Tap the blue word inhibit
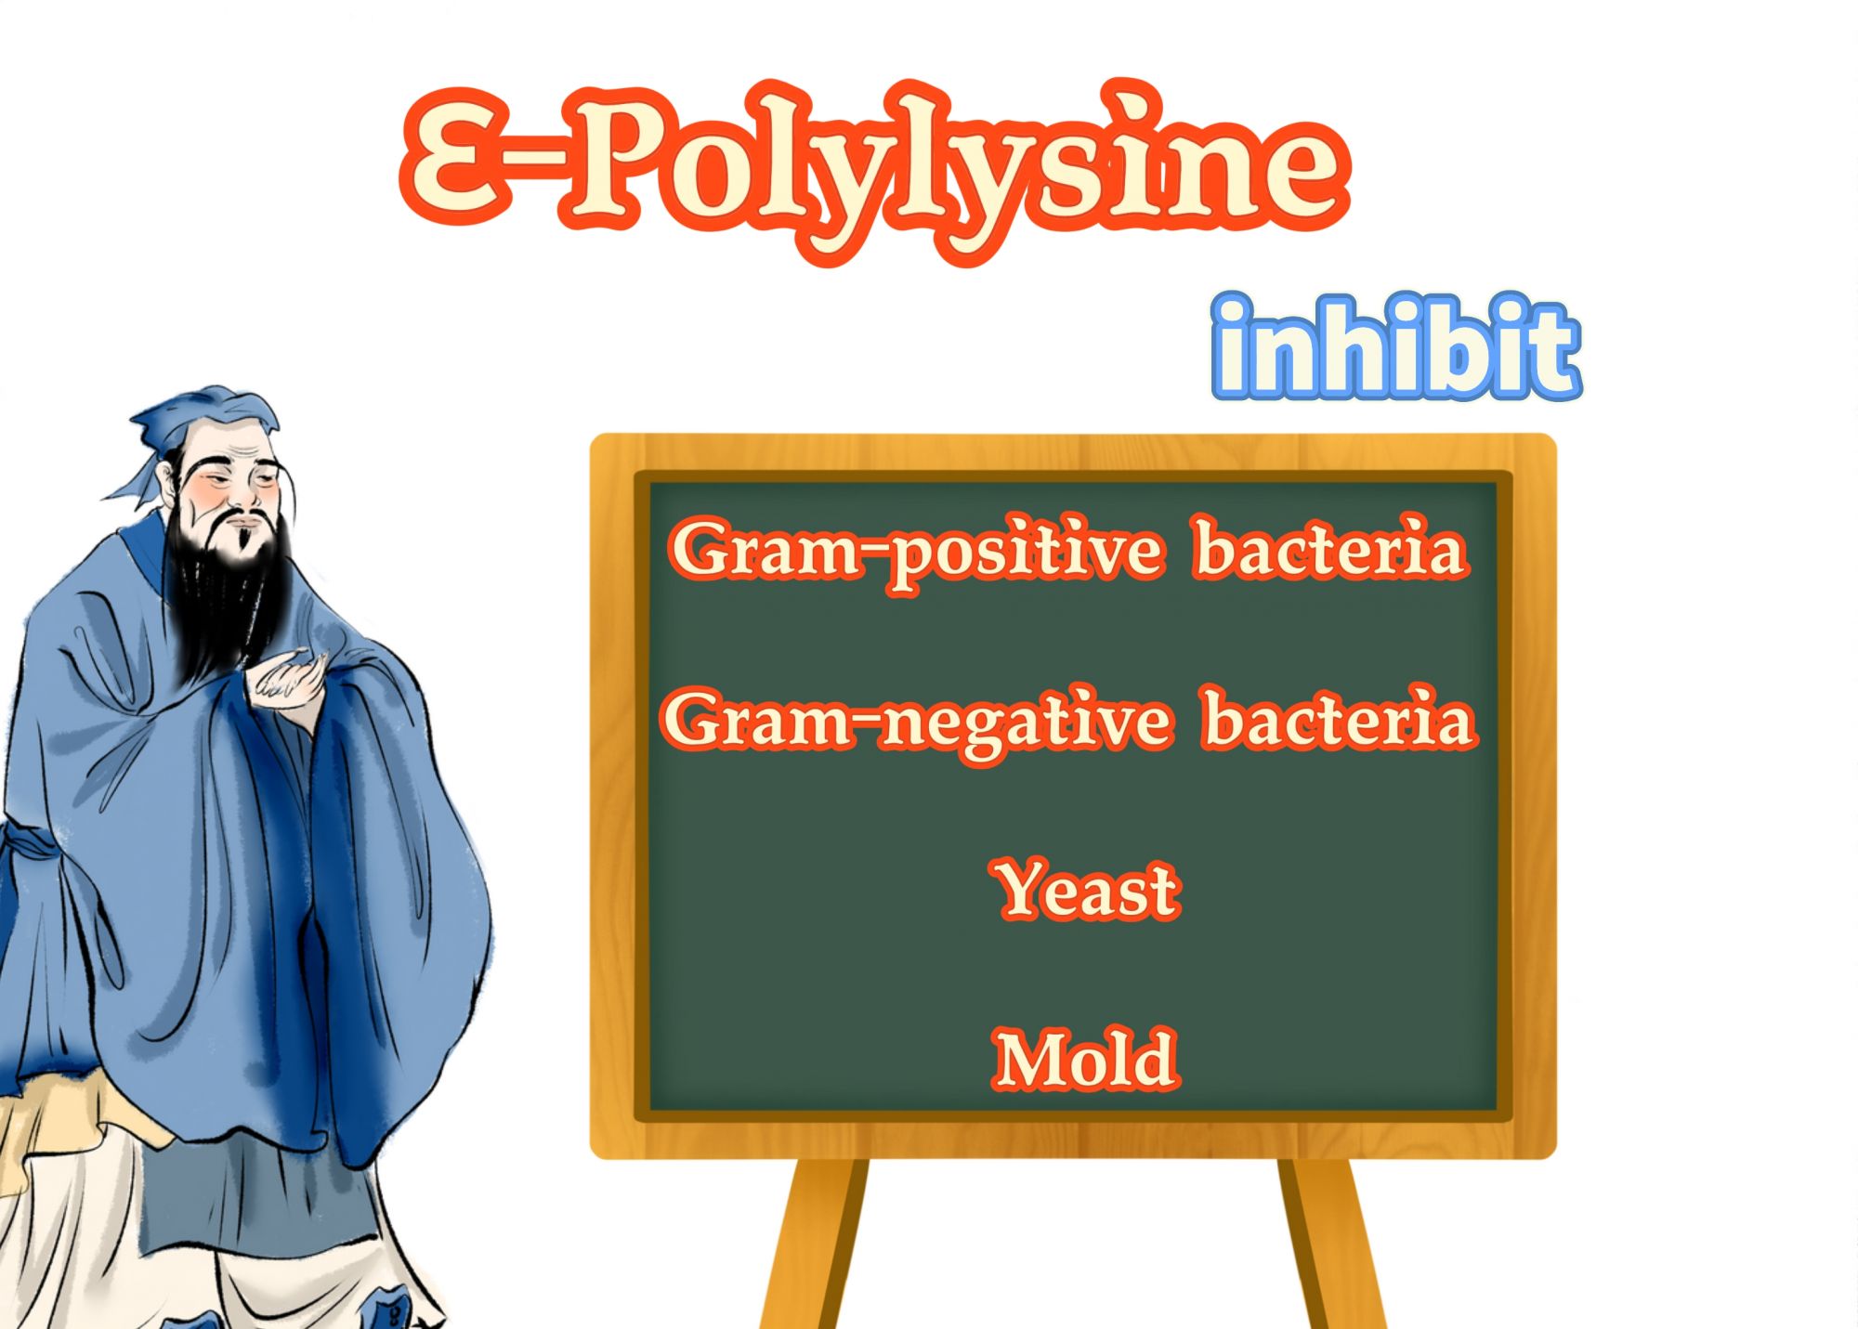(x=1396, y=348)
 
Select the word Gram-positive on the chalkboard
(x=916, y=552)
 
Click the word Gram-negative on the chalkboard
(x=916, y=723)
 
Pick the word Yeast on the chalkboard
(x=1088, y=889)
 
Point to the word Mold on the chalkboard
(x=1086, y=1059)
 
